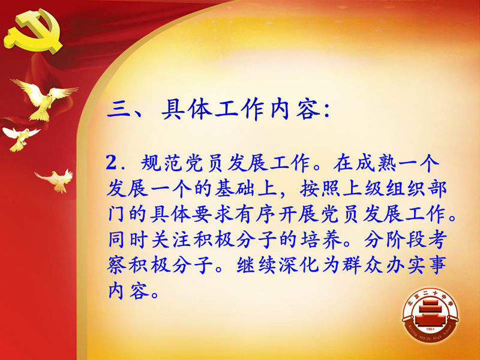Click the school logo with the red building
tap(430, 315)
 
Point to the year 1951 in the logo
tap(430, 329)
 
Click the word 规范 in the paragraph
tap(162, 163)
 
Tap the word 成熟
tap(376, 163)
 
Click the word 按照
tap(320, 188)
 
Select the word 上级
tap(364, 188)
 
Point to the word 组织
tap(406, 188)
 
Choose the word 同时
tap(128, 239)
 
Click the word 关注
tap(172, 239)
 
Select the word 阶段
tap(406, 239)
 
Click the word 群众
tap(363, 265)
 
